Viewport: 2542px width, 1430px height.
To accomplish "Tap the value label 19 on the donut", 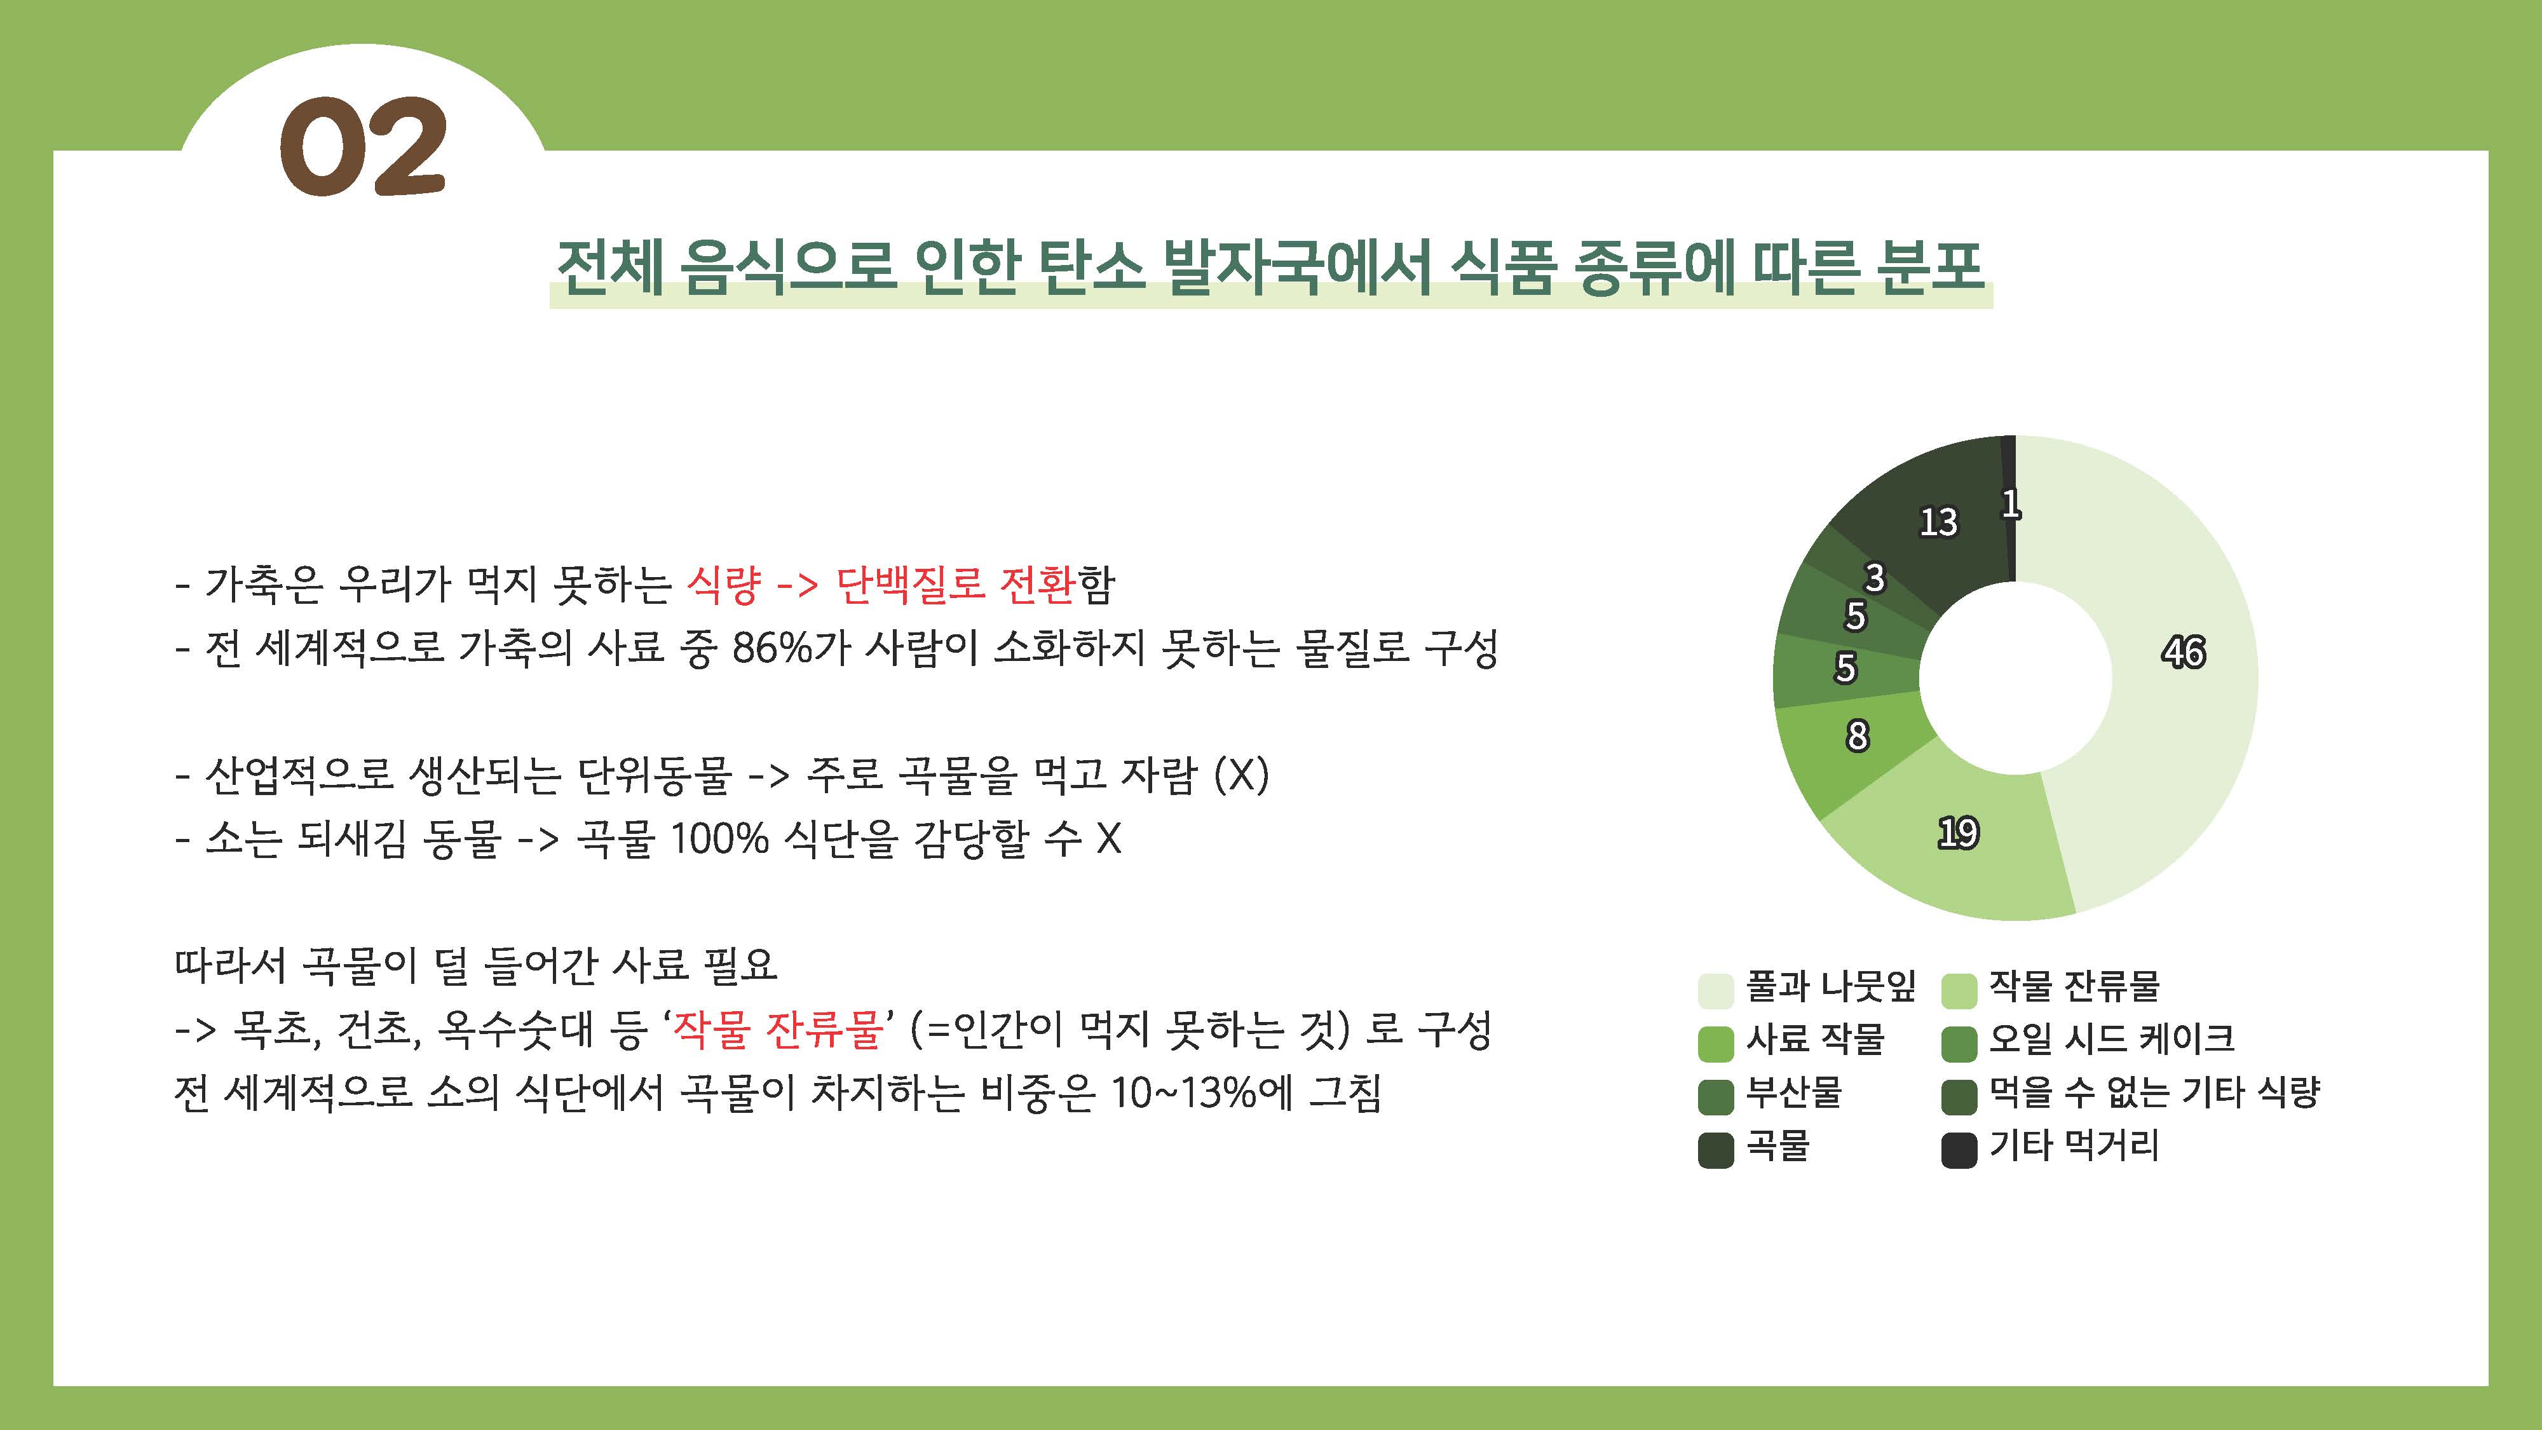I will pos(1958,833).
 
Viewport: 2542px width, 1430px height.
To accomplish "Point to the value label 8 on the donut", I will pos(1857,735).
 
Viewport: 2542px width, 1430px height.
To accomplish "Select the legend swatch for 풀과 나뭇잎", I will pos(1715,990).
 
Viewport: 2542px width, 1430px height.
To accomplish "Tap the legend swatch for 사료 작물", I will pos(1715,1043).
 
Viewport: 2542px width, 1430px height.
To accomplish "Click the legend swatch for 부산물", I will pos(1715,1096).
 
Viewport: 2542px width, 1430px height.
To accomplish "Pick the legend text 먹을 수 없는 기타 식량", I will pos(2153,1091).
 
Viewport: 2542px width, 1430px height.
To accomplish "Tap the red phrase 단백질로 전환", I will pos(955,584).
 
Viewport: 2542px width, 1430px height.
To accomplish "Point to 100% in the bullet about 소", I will pos(718,839).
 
